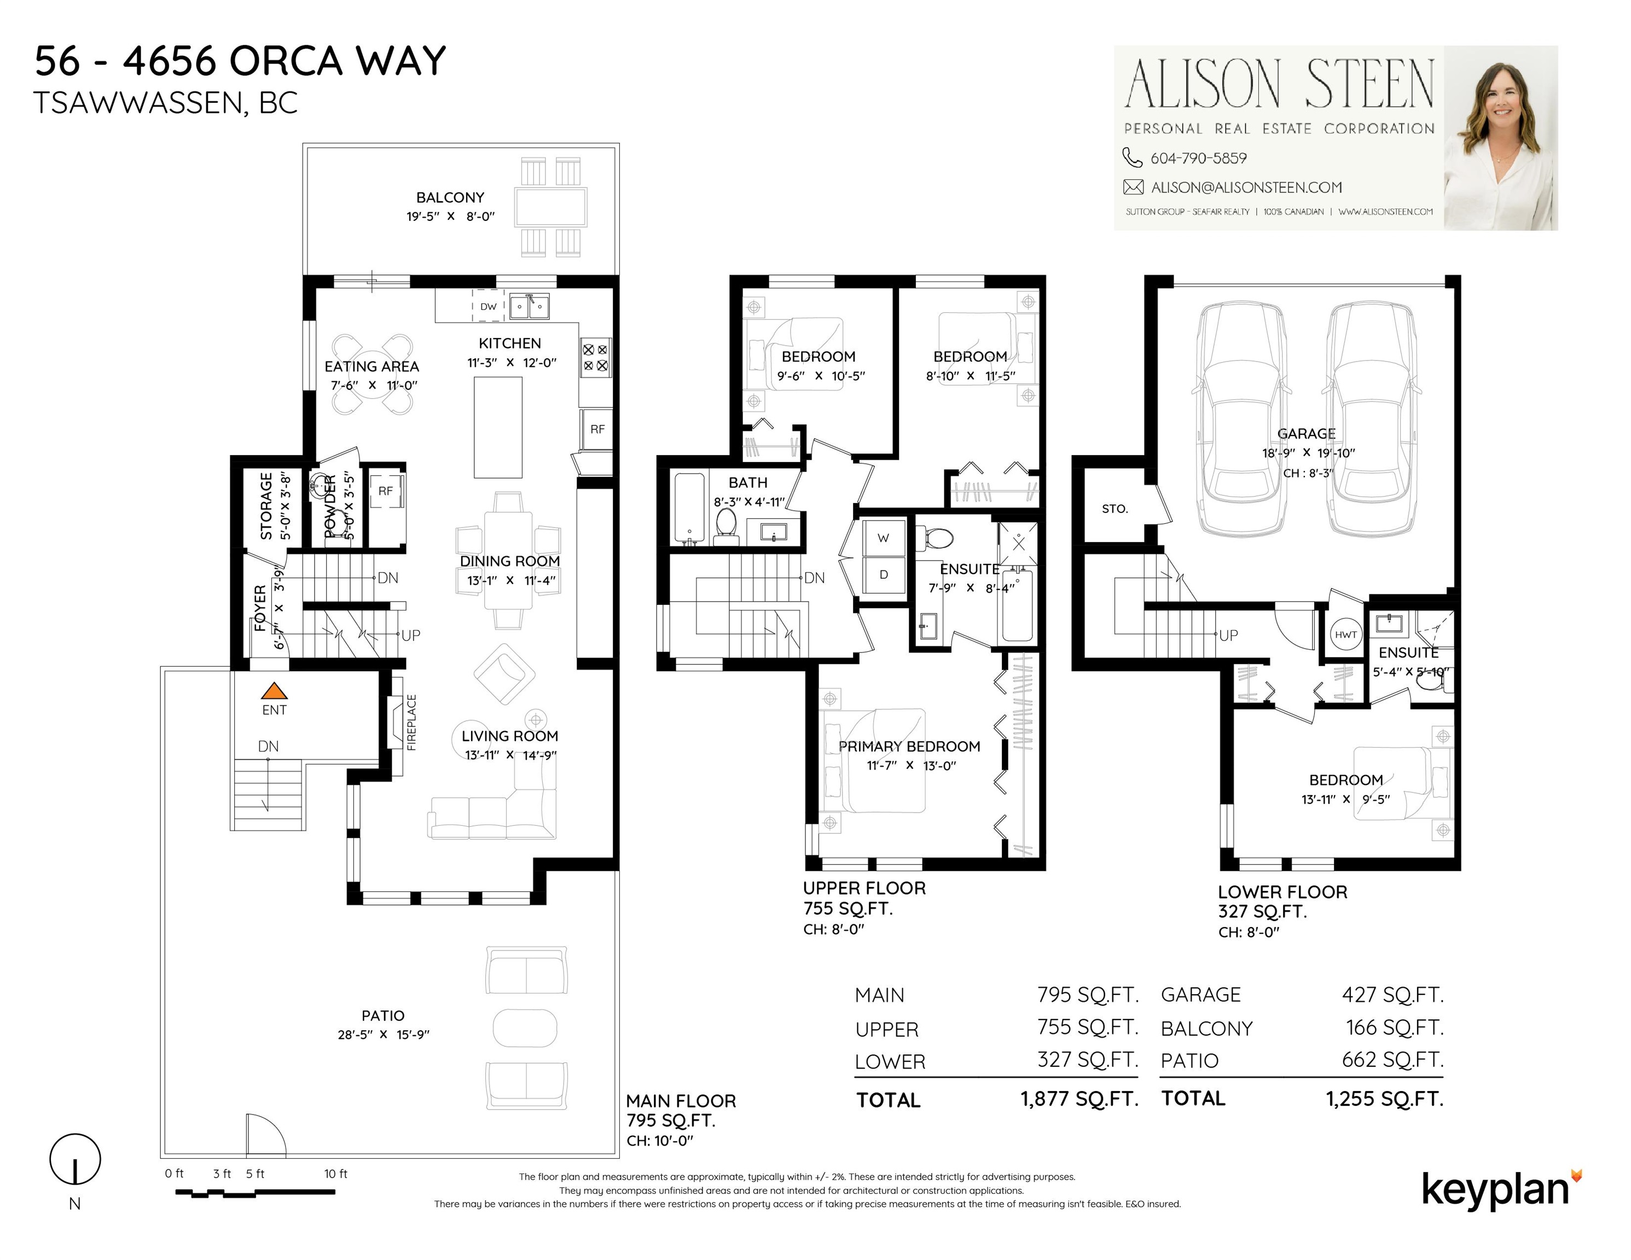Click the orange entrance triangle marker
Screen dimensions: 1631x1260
[x=274, y=691]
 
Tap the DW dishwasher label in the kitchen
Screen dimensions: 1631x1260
[x=489, y=307]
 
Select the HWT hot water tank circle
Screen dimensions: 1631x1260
[x=1346, y=634]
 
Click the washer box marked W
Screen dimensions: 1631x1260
[x=884, y=538]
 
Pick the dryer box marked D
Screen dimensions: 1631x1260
[x=884, y=574]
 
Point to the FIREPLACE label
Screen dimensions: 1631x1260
[x=411, y=722]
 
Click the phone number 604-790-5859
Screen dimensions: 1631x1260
[x=1199, y=158]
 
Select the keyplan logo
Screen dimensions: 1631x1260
[x=1502, y=1191]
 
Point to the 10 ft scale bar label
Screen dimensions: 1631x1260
[x=336, y=1174]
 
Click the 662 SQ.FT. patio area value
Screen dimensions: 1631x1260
[x=1393, y=1060]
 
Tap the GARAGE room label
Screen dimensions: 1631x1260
[x=1306, y=434]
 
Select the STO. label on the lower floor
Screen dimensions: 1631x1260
[x=1115, y=509]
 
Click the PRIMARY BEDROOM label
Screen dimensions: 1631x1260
[x=909, y=746]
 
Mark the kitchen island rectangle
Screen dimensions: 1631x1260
[x=498, y=427]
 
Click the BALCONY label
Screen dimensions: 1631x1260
[x=450, y=198]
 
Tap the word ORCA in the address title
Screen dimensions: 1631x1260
[x=287, y=61]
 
